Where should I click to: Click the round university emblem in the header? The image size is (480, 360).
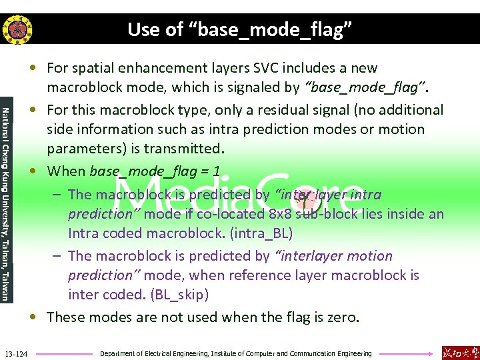(17, 29)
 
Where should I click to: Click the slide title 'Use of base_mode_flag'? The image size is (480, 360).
(239, 29)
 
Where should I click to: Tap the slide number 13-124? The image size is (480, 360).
(16, 353)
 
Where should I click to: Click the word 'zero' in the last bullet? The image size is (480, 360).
(341, 317)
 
